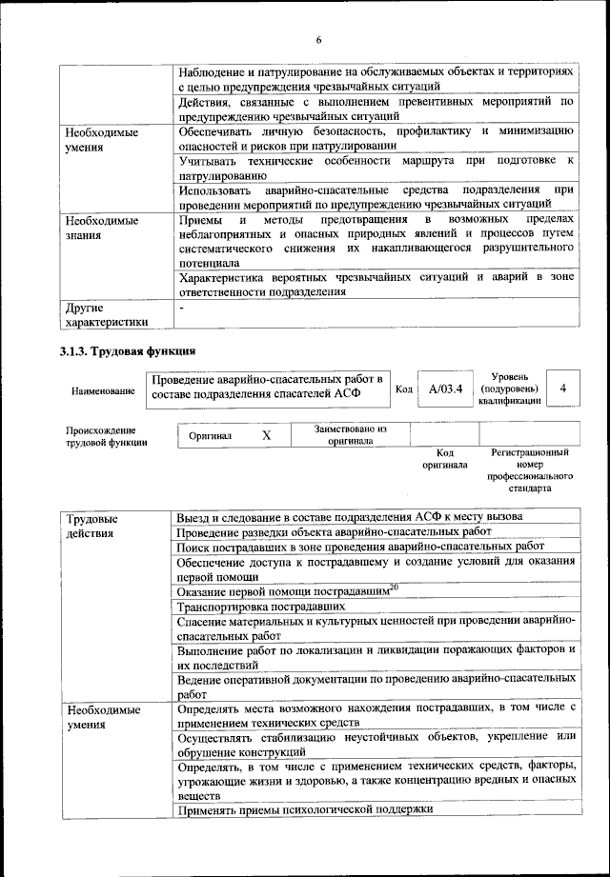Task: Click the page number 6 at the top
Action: [x=318, y=39]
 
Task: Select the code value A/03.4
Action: [x=445, y=389]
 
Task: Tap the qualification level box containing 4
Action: [x=564, y=389]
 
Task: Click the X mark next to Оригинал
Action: [x=267, y=435]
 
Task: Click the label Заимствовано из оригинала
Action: [x=350, y=435]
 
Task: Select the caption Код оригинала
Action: [x=444, y=459]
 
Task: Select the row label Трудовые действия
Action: [x=92, y=526]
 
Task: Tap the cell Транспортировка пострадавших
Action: [x=261, y=606]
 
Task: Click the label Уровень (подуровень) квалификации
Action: [x=509, y=389]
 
